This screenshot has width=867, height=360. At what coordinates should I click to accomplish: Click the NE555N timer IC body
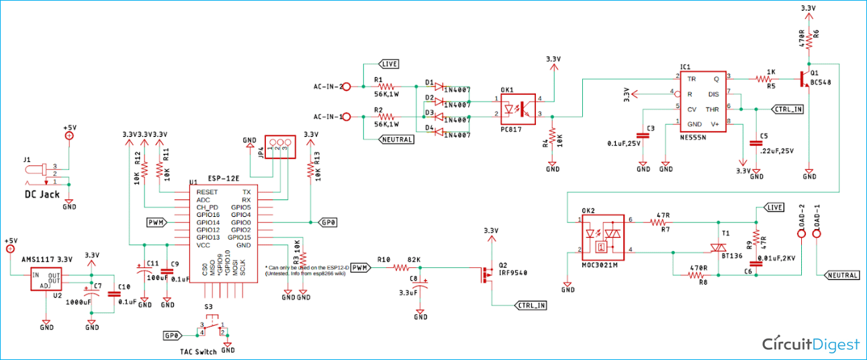(703, 101)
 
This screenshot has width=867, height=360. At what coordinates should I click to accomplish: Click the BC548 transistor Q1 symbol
(805, 79)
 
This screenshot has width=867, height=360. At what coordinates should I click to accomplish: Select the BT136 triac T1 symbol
(718, 248)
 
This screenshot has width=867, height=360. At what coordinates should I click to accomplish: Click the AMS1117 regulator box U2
(46, 279)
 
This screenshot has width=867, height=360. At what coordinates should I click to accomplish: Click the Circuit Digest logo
(811, 344)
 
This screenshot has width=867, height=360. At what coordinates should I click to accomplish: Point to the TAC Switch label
(198, 352)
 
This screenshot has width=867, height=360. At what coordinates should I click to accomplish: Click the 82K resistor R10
(401, 267)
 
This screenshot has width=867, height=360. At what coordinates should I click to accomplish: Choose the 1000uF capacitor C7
(91, 296)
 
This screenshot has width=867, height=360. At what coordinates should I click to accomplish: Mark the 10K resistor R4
(552, 140)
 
